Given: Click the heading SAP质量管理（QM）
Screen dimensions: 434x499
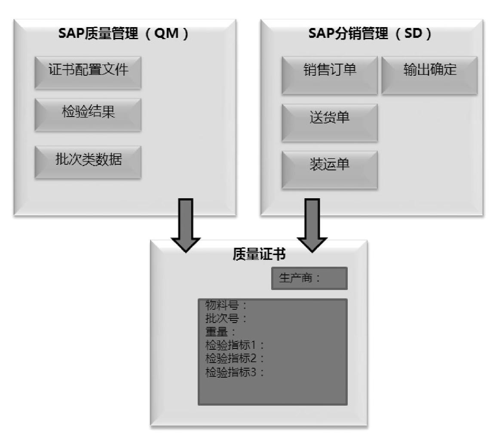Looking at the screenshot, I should (124, 34).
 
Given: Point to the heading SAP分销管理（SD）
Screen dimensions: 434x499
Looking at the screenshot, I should (369, 34).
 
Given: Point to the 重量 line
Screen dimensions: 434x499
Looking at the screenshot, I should (221, 332).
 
